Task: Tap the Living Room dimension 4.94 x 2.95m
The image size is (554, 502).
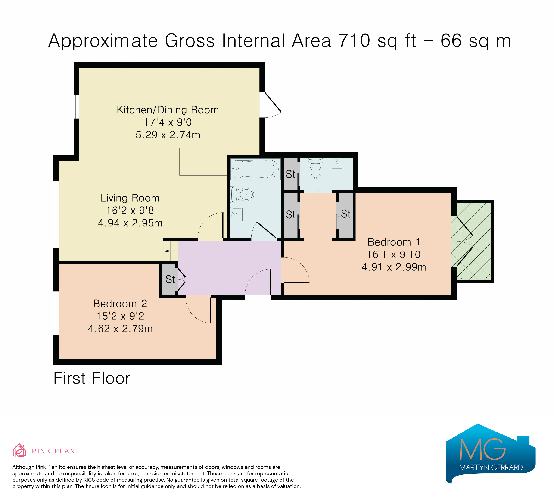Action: click(130, 223)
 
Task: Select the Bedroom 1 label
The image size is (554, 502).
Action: click(394, 242)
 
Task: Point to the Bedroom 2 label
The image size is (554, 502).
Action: click(120, 304)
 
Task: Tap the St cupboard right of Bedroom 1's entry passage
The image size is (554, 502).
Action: click(346, 215)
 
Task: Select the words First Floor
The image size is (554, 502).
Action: click(92, 378)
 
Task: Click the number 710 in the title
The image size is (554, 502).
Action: click(355, 41)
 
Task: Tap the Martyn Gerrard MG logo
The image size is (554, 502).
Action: click(491, 453)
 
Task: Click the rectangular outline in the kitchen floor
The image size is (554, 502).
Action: click(203, 162)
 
